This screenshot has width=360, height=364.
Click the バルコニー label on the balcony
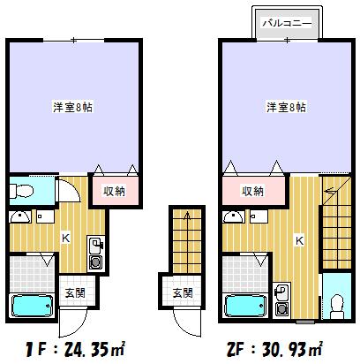pyautogui.click(x=287, y=24)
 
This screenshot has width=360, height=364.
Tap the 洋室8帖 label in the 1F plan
pyautogui.click(x=74, y=107)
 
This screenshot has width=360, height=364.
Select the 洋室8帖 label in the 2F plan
pyautogui.click(x=287, y=107)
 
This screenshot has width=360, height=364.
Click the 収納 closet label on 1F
pyautogui.click(x=114, y=189)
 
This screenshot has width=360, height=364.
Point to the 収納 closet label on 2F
pyautogui.click(x=253, y=191)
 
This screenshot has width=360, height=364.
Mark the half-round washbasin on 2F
pyautogui.click(x=234, y=217)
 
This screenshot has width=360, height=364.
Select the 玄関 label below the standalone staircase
pyautogui.click(x=181, y=292)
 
